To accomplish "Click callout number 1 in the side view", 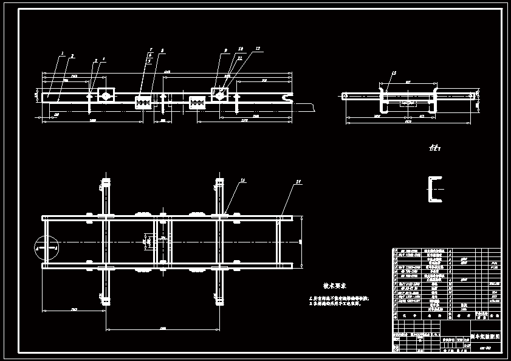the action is [63, 53].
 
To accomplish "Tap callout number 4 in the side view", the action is [103, 60].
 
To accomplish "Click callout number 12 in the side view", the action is [258, 48].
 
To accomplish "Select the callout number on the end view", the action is [394, 73].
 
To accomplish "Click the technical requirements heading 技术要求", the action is [334, 286].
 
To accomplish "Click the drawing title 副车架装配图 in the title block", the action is [485, 336].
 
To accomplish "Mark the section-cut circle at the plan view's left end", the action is [46, 248].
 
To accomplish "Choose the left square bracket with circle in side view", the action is [106, 95].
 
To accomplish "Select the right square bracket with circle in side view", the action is [219, 95].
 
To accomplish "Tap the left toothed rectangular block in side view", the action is [143, 101].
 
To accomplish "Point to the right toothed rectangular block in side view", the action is [197, 102].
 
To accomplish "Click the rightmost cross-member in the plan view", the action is [280, 242].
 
